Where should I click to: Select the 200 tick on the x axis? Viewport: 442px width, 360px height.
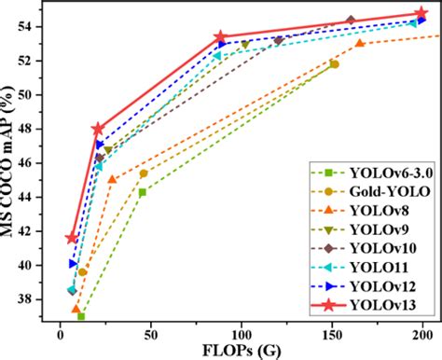click(x=422, y=334)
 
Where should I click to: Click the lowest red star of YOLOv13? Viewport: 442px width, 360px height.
click(x=72, y=238)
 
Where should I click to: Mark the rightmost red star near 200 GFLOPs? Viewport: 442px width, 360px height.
click(x=421, y=14)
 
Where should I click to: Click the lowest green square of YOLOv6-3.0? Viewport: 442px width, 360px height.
click(x=81, y=316)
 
